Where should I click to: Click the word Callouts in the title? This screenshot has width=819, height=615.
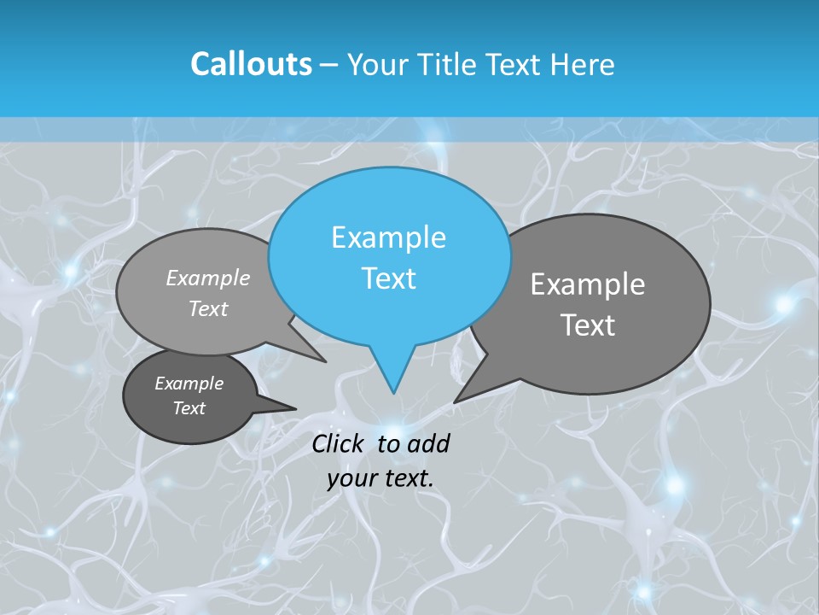pyautogui.click(x=251, y=64)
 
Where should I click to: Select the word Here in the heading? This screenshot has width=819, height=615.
pyautogui.click(x=581, y=64)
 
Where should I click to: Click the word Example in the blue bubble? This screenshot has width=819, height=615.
pyautogui.click(x=388, y=237)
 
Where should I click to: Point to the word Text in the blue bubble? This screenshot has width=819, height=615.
pyautogui.click(x=388, y=278)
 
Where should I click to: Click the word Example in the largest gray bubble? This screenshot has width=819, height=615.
pyautogui.click(x=588, y=284)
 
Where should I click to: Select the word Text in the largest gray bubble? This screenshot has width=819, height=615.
pyautogui.click(x=588, y=325)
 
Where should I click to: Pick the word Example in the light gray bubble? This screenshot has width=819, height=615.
pyautogui.click(x=208, y=278)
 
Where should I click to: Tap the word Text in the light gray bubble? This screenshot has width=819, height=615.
pyautogui.click(x=208, y=308)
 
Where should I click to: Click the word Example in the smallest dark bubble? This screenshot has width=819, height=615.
pyautogui.click(x=189, y=384)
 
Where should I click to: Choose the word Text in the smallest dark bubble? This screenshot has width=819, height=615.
pyautogui.click(x=189, y=408)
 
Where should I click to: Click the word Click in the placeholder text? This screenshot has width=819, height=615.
pyautogui.click(x=339, y=443)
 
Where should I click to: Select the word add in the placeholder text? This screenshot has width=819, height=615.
pyautogui.click(x=428, y=443)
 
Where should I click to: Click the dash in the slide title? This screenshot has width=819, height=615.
pyautogui.click(x=329, y=65)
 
